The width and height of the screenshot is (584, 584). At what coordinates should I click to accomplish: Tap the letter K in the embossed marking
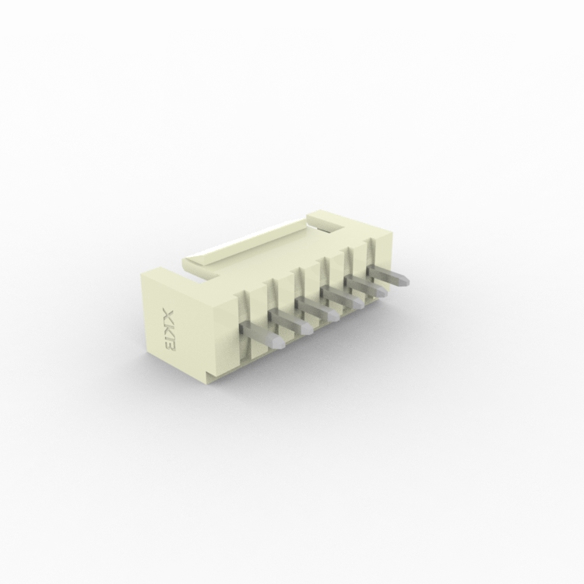pyautogui.click(x=169, y=331)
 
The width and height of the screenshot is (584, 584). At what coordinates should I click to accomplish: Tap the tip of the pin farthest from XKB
pyautogui.click(x=404, y=281)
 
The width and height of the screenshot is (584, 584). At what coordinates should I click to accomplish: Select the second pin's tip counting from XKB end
pyautogui.click(x=308, y=329)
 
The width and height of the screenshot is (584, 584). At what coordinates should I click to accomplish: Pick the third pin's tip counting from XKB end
pyautogui.click(x=334, y=316)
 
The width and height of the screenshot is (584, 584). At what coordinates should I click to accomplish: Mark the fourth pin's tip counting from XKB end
pyautogui.click(x=358, y=304)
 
